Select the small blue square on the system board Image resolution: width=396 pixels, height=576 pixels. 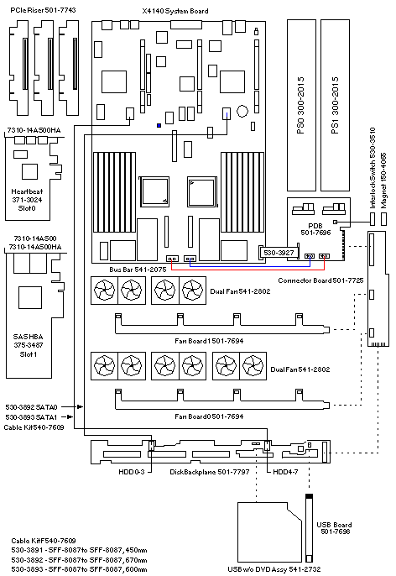tap(159, 126)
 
